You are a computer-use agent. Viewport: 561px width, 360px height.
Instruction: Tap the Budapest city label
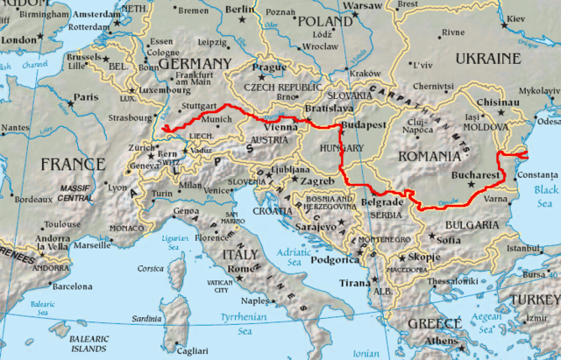(x=365, y=125)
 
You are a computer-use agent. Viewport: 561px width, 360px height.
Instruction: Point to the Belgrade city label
(x=382, y=202)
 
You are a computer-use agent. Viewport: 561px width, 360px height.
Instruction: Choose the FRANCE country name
(x=72, y=164)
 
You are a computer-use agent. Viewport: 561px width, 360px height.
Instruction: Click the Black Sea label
(x=545, y=195)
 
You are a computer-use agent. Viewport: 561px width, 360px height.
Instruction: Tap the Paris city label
(x=85, y=97)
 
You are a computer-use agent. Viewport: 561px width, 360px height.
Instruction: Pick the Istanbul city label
(x=525, y=249)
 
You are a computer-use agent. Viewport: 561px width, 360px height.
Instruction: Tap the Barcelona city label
(x=72, y=286)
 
